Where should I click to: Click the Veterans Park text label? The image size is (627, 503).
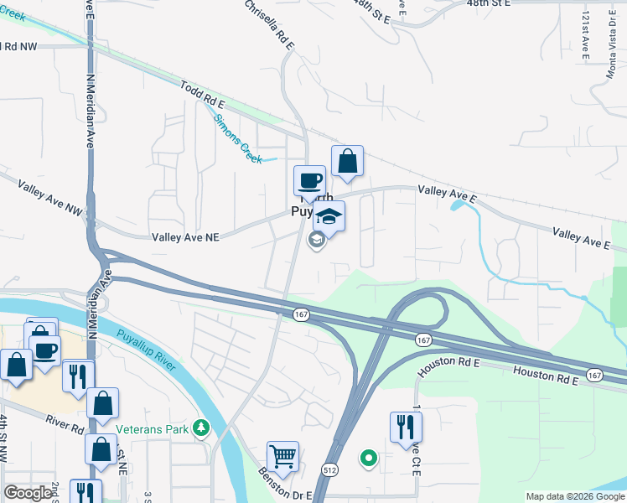point(153,428)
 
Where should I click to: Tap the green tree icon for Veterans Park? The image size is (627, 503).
point(200,428)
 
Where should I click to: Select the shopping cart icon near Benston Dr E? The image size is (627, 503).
point(283,457)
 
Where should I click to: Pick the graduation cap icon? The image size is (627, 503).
point(329,216)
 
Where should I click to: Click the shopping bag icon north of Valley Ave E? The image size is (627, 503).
point(347,161)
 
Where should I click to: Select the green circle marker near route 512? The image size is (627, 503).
point(367,459)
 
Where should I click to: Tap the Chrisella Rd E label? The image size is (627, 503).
point(269,24)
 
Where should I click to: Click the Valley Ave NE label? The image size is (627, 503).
point(185,237)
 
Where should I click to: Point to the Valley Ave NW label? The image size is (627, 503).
point(41,195)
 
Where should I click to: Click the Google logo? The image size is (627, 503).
point(28,493)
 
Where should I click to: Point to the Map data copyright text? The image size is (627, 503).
point(574,496)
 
